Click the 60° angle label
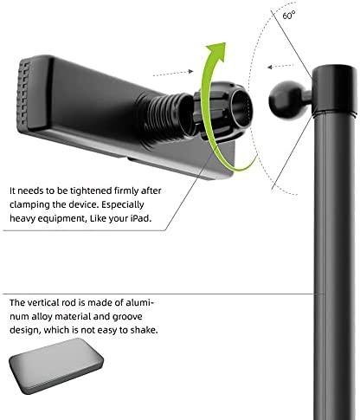pyautogui.click(x=289, y=15)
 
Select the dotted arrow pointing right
pyautogui.click(x=173, y=73)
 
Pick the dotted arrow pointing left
pyautogui.click(x=281, y=67)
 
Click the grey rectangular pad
pyautogui.click(x=56, y=365)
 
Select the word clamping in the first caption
pyautogui.click(x=29, y=205)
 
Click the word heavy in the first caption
pyautogui.click(x=22, y=218)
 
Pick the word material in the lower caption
pyautogui.click(x=74, y=317)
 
